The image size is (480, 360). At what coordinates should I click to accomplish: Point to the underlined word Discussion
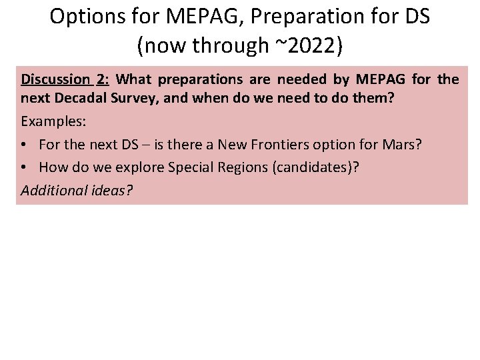tap(56, 79)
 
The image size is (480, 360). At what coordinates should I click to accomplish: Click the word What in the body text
tap(136, 79)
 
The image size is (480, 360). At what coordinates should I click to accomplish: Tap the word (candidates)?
tap(315, 167)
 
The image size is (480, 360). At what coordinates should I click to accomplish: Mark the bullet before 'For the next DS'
tap(25, 145)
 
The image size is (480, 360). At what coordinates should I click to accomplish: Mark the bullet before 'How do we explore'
tap(25, 167)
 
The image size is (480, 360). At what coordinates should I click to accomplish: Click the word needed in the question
tap(302, 79)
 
